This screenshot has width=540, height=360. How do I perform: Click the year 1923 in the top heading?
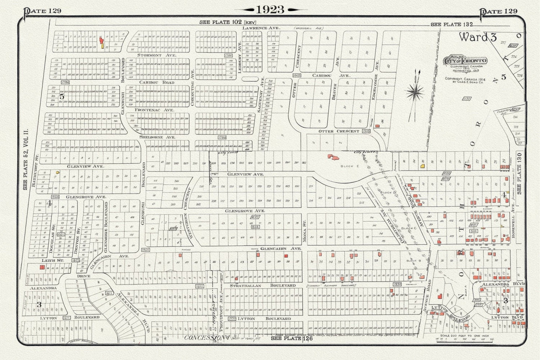click(x=270, y=10)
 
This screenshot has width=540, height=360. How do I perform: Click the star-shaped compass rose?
click(x=416, y=91)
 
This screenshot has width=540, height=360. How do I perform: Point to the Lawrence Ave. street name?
click(x=261, y=28)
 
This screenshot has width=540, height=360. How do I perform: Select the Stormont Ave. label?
click(x=154, y=55)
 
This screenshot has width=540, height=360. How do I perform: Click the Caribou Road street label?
click(x=157, y=82)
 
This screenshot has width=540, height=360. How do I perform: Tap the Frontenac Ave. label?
click(x=154, y=110)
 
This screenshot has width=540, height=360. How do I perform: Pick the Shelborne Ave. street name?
click(x=157, y=137)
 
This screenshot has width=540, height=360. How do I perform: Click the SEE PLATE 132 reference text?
click(x=451, y=25)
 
